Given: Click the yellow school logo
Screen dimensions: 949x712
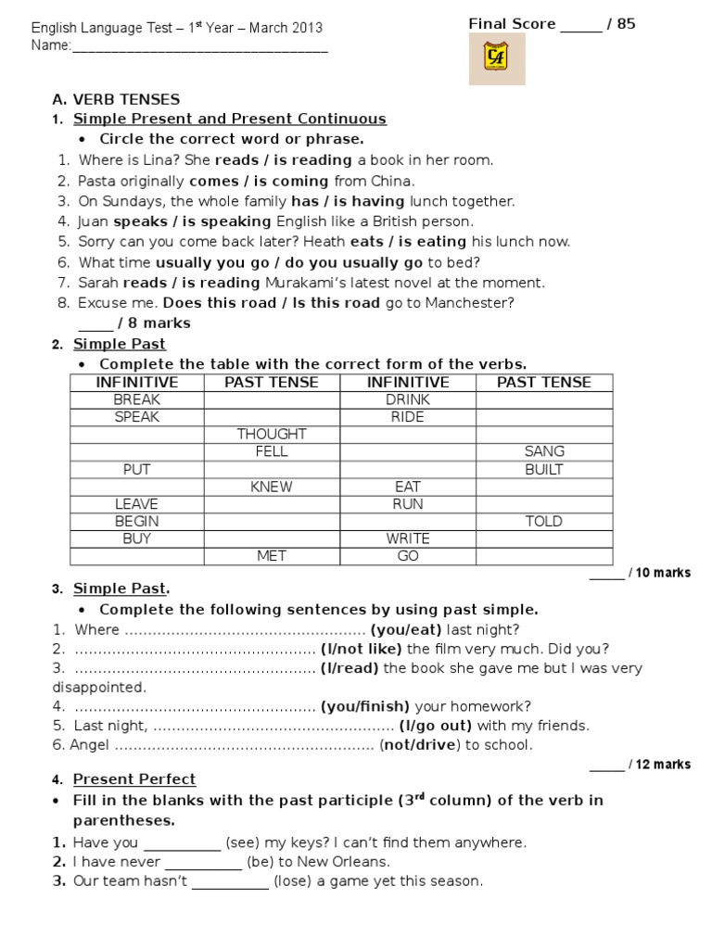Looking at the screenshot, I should (x=496, y=59).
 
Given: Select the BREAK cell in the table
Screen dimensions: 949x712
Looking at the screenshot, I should (x=136, y=399).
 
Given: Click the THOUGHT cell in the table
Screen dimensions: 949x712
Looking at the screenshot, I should (x=272, y=434).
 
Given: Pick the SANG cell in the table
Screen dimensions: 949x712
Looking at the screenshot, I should (x=544, y=451).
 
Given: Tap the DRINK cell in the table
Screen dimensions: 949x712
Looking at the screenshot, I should (x=408, y=399).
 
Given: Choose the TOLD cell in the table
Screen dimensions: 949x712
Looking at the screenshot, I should (x=544, y=521).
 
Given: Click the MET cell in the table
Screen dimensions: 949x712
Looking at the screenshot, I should (x=272, y=556).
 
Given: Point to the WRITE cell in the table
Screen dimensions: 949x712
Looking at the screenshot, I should (x=408, y=538).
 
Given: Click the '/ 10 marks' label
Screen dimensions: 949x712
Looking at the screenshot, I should (x=659, y=573).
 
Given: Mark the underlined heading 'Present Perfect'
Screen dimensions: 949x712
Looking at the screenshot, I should (x=134, y=779).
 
